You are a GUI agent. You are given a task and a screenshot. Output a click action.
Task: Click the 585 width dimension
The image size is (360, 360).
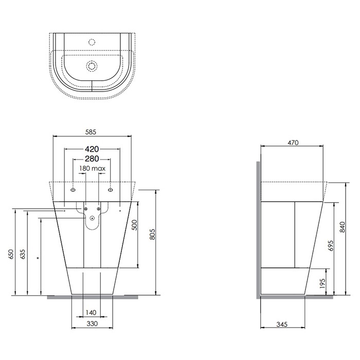point(91,132)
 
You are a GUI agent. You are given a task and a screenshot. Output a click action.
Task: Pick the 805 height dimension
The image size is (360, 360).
point(152,234)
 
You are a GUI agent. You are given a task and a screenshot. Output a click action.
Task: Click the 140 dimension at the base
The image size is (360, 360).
point(91,313)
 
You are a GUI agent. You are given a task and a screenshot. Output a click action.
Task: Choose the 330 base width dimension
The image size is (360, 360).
point(91,325)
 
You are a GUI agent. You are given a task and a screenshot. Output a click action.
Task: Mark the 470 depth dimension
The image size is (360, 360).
point(292,142)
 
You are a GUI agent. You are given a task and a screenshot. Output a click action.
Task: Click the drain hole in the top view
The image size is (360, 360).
point(92,66)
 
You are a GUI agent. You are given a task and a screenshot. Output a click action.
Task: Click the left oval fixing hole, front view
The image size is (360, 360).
point(74,189)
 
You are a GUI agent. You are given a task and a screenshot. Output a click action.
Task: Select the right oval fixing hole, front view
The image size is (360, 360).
point(111,189)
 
